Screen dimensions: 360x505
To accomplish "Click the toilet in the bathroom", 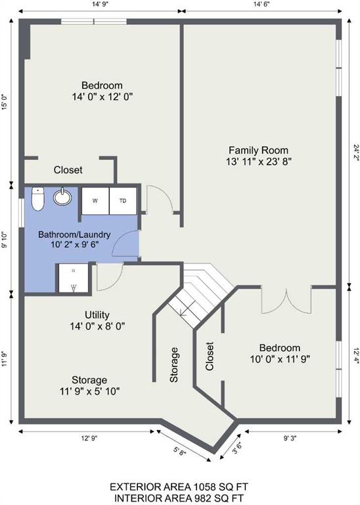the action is click(37, 199).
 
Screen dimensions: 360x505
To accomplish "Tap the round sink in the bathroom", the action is click(62, 197).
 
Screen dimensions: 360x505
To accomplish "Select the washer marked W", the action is click(95, 201).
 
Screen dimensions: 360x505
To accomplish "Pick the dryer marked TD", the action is click(123, 201).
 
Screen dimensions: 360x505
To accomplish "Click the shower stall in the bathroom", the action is click(74, 278).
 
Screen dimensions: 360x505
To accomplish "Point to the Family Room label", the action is click(258, 150).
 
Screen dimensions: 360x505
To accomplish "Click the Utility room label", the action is click(97, 315).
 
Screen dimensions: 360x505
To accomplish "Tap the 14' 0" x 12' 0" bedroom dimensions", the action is click(102, 97).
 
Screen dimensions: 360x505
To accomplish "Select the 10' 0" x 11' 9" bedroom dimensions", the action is click(280, 359).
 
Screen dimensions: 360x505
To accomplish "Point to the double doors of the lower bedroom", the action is click(286, 300).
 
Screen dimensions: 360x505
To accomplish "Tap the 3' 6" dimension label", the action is click(236, 448).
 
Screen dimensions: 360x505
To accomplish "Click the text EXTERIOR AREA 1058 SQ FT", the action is click(179, 487).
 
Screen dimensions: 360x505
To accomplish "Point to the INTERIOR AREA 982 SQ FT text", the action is click(179, 498).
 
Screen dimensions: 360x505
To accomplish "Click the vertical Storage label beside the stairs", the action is click(173, 364).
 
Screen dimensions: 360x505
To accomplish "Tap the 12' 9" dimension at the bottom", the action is click(89, 439).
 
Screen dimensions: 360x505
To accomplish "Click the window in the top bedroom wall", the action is click(94, 22).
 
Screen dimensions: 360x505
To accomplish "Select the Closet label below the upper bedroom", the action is click(68, 170).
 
